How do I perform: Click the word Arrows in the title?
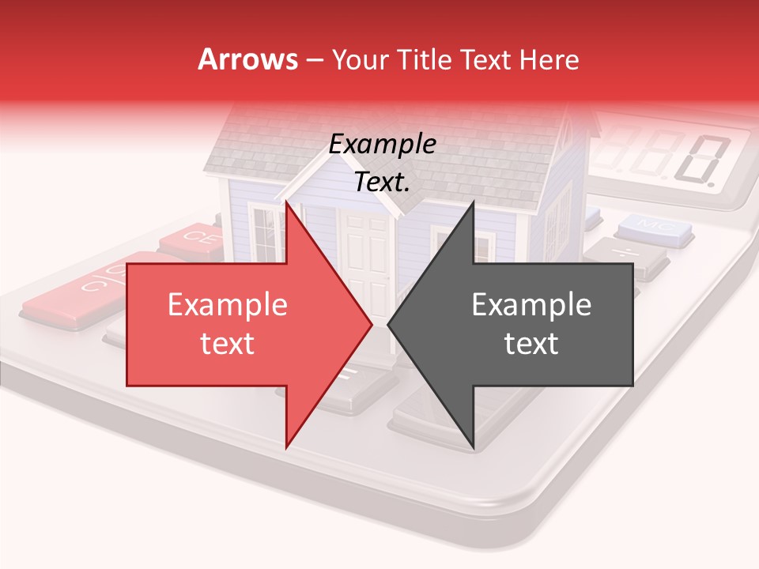(x=247, y=59)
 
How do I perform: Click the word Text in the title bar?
(x=485, y=60)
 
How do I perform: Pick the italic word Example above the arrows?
(x=382, y=144)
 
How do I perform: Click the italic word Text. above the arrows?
(x=382, y=183)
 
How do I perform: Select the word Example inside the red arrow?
(x=227, y=305)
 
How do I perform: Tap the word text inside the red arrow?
(x=227, y=344)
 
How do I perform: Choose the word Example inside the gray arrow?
(x=531, y=305)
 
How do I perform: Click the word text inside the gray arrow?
(x=531, y=344)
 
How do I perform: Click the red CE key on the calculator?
(x=192, y=237)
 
